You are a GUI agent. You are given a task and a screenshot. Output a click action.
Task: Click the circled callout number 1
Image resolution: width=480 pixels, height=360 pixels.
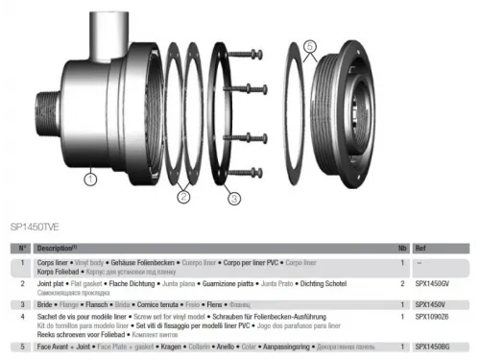(89, 177)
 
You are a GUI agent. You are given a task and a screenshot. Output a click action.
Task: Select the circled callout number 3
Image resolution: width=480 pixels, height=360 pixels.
(233, 200)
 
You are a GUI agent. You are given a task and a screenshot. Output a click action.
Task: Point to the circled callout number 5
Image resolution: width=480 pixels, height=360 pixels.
(309, 44)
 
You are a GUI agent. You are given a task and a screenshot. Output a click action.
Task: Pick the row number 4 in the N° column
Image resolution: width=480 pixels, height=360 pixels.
(22, 316)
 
